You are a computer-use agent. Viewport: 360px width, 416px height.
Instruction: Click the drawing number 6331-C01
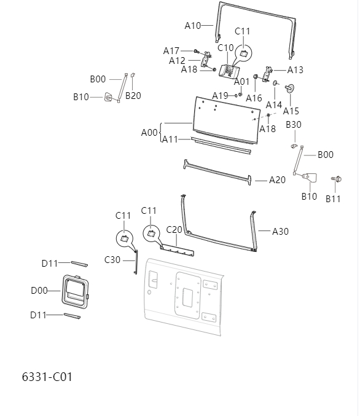[x=47, y=376]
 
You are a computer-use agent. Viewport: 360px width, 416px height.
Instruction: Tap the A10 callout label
[x=193, y=26]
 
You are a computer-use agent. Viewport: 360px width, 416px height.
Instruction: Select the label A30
[x=280, y=231]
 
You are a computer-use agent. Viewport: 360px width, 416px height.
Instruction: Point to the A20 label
[x=278, y=180]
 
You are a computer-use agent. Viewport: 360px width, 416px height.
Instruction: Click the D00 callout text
[x=39, y=291]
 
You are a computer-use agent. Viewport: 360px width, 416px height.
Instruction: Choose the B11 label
[x=333, y=198]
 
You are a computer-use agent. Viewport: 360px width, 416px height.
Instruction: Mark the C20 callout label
[x=174, y=229]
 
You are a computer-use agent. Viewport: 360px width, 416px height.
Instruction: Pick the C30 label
[x=112, y=260]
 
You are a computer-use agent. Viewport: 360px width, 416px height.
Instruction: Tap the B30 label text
[x=294, y=125]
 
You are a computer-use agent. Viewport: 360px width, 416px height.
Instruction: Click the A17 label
[x=171, y=50]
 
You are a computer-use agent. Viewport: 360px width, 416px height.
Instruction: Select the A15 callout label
[x=291, y=111]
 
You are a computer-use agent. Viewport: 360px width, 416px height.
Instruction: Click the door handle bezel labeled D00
[x=74, y=291]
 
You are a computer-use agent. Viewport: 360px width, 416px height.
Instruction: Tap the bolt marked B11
[x=336, y=179]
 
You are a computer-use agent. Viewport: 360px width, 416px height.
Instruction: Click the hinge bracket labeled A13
[x=267, y=74]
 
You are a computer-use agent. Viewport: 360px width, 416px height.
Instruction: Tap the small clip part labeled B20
[x=133, y=76]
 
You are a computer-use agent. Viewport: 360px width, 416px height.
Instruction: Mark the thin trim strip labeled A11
[x=221, y=145]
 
